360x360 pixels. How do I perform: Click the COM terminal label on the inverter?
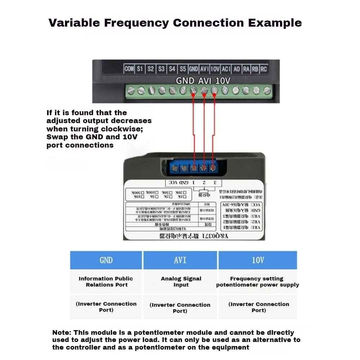tap(129, 69)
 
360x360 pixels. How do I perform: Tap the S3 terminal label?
tap(161, 69)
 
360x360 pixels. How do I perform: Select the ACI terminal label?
tap(226, 69)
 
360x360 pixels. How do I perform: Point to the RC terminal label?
tap(264, 69)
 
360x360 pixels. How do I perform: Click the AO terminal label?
tap(237, 69)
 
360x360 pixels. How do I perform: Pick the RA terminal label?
tap(246, 69)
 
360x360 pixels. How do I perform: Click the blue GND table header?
tap(106, 260)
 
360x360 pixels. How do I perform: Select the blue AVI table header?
tap(180, 260)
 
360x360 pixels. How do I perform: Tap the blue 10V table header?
tap(257, 260)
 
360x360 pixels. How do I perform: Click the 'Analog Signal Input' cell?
tap(181, 282)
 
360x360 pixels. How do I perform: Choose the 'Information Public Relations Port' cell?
tap(106, 282)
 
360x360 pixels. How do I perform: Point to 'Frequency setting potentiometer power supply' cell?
tap(257, 282)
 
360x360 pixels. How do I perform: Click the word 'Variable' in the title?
tap(74, 23)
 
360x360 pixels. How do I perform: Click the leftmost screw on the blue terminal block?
tap(175, 168)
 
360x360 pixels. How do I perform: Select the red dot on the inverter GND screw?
tap(193, 95)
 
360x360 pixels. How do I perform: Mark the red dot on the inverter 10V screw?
tap(215, 95)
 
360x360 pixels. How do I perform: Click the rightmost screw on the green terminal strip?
tap(267, 91)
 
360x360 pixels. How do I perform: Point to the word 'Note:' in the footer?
tap(62, 333)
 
